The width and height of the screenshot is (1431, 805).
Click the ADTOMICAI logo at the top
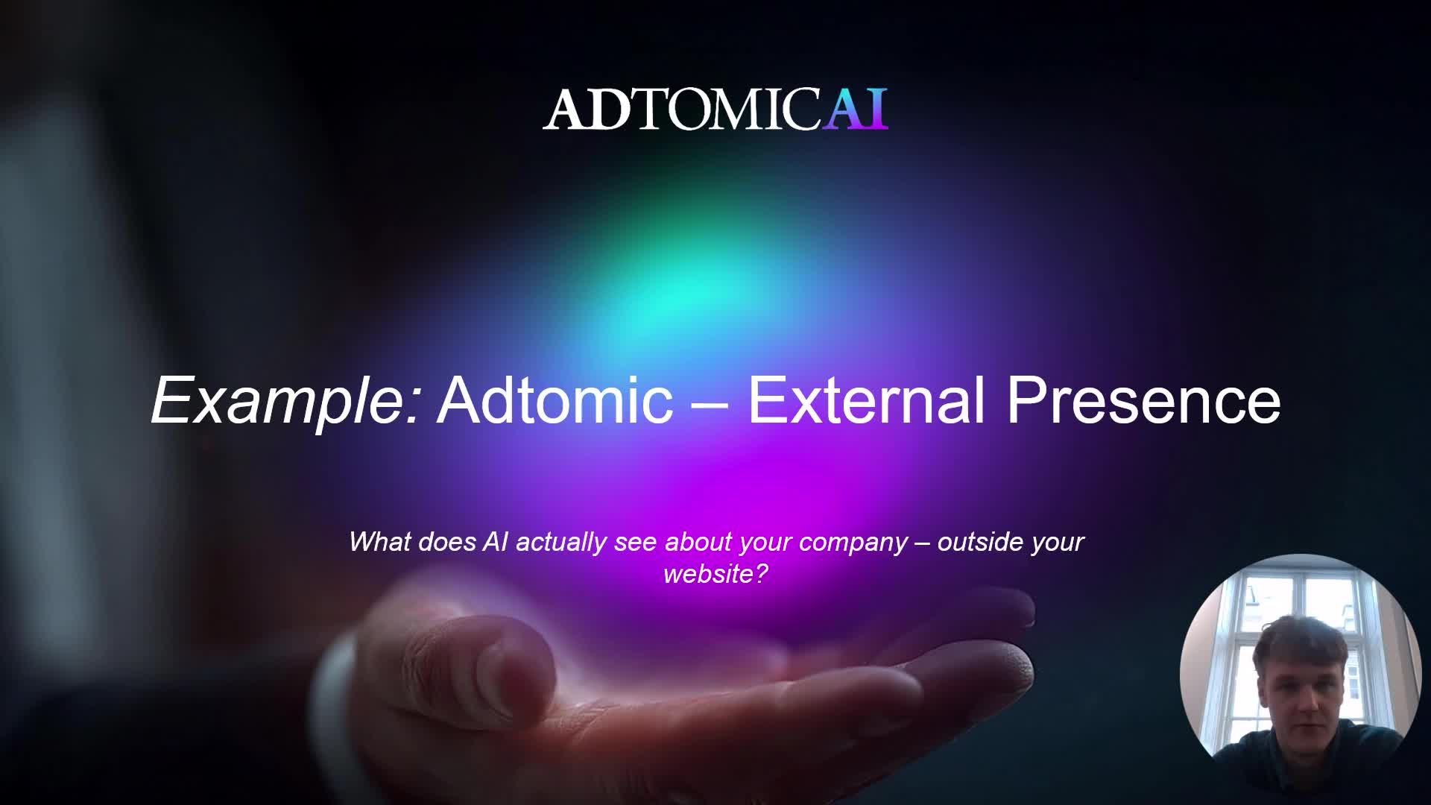715,110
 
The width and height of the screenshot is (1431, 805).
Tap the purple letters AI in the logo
855,110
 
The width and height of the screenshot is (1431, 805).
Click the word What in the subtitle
380,541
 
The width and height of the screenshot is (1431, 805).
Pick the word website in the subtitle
708,574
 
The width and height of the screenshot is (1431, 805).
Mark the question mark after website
761,574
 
